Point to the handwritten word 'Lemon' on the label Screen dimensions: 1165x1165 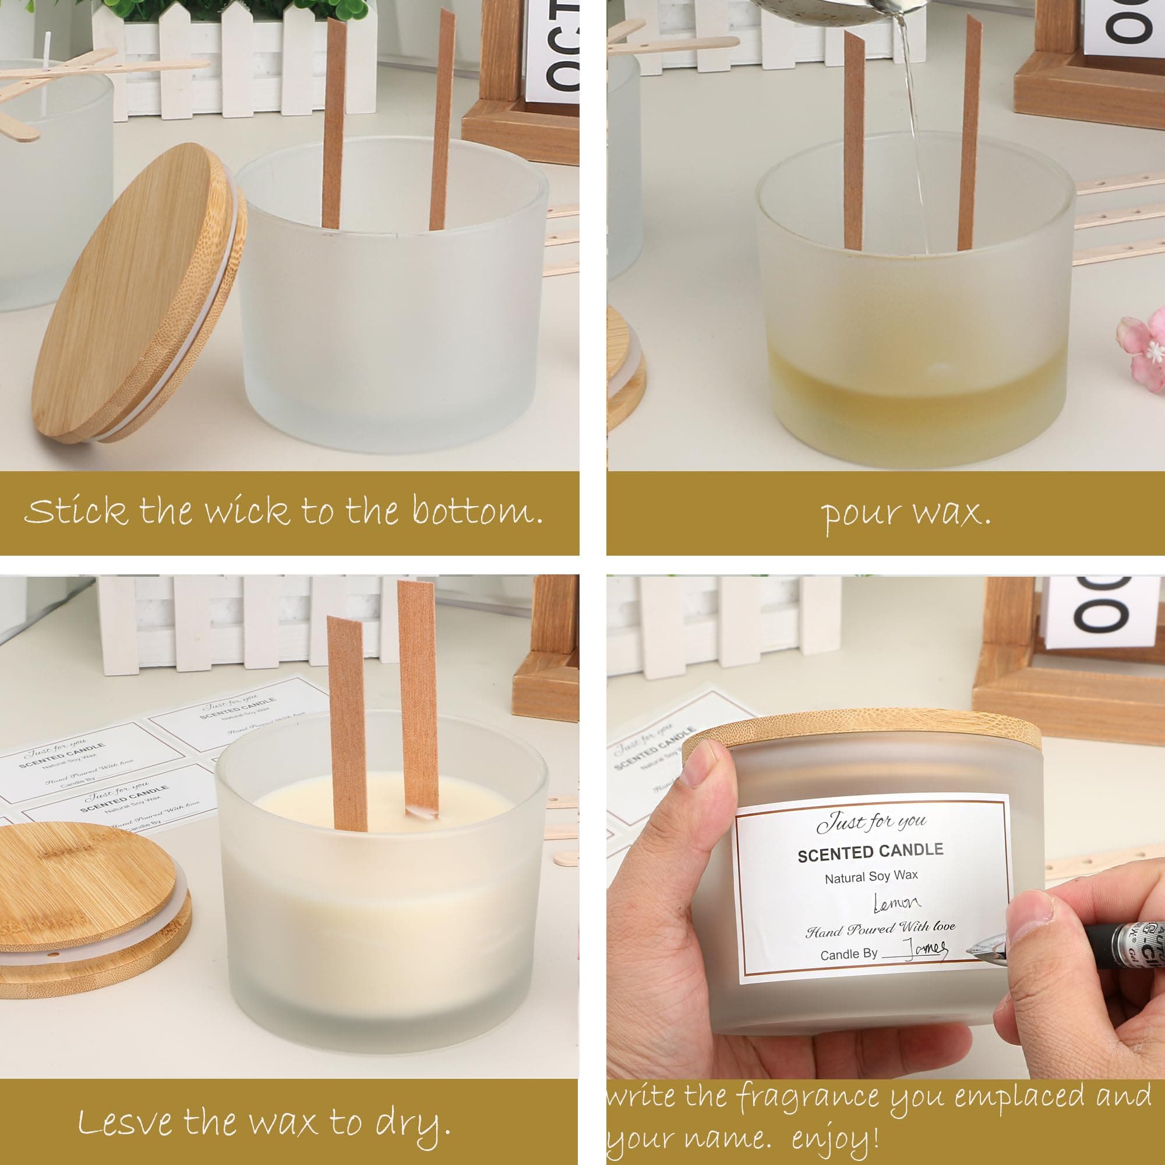[x=897, y=902]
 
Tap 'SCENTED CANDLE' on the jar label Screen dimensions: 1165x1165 [x=870, y=852]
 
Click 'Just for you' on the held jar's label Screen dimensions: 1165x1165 [x=871, y=821]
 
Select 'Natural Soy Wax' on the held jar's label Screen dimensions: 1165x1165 [x=871, y=877]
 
